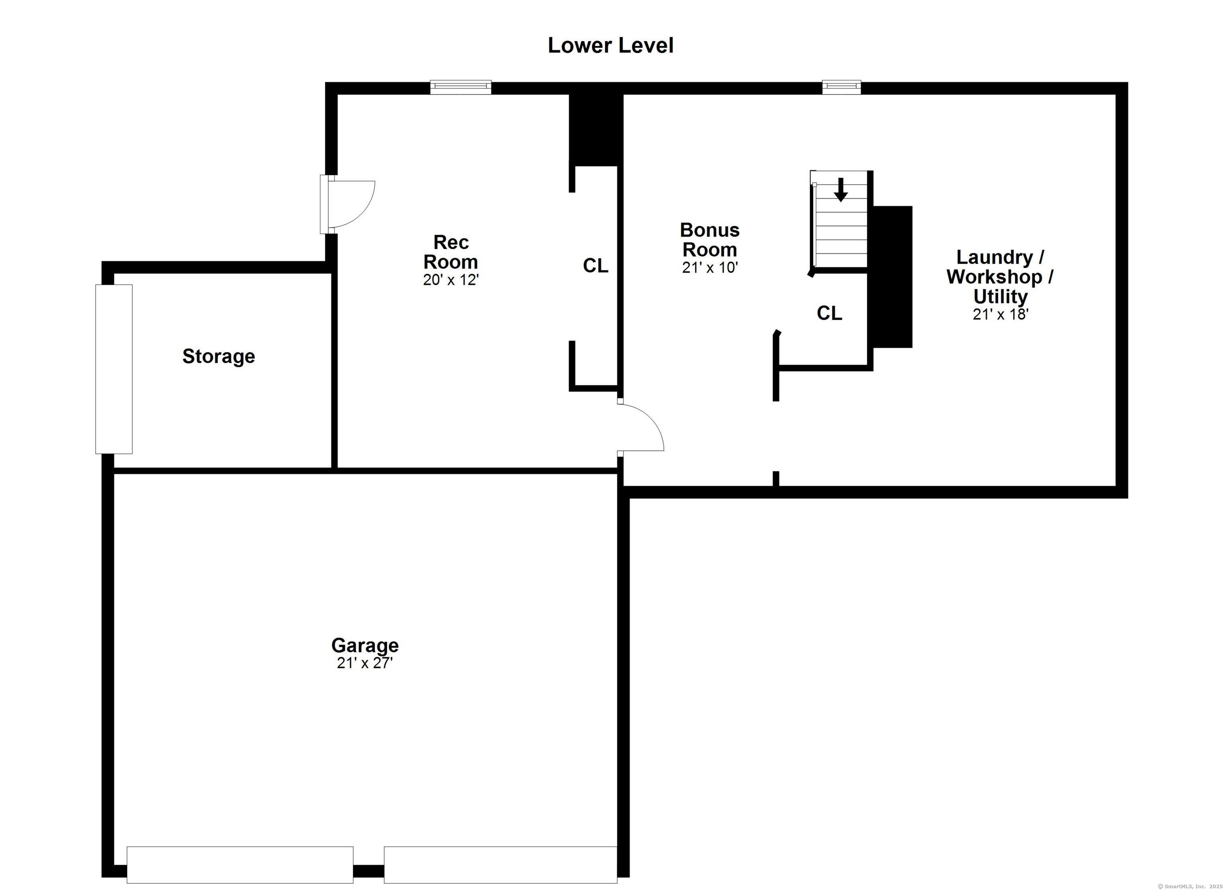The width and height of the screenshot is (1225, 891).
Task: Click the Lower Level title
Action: (611, 45)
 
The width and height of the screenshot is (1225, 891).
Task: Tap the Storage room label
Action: (219, 356)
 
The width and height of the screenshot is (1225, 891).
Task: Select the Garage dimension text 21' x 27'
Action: (364, 663)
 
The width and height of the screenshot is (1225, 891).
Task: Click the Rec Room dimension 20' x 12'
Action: (451, 280)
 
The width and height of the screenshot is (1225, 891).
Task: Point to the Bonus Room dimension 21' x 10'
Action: (710, 268)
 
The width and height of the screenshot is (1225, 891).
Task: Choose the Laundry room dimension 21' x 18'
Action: (1000, 314)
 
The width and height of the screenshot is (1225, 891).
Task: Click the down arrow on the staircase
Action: (841, 190)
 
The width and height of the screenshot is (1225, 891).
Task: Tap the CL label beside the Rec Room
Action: (595, 265)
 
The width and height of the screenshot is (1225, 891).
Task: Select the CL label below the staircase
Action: (829, 313)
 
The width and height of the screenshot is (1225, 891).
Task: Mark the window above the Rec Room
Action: (461, 87)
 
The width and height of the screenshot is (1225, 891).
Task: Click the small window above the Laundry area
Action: (841, 87)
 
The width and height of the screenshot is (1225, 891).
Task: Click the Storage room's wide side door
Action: (114, 369)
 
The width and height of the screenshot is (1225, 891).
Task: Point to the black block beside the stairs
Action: (892, 277)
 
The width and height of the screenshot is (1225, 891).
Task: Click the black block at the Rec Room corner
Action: (596, 130)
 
